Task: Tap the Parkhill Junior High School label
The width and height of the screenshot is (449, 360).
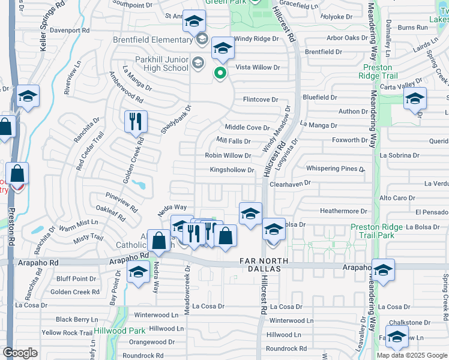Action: pos(150,64)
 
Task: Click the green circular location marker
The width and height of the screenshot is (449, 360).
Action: pos(220,74)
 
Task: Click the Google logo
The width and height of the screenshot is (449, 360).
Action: pos(20,353)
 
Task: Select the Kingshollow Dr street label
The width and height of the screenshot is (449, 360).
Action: pos(232,170)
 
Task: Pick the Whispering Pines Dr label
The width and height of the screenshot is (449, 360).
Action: pos(336,169)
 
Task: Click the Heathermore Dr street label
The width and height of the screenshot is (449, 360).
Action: pos(343,211)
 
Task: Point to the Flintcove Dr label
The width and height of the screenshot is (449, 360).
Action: pos(261,100)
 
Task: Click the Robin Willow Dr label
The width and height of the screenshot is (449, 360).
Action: pos(228,155)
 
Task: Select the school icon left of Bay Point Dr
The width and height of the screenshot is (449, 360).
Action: pos(138,272)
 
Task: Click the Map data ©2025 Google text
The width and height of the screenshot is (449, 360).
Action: pos(411,355)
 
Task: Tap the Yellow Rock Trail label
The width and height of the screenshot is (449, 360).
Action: pos(67,332)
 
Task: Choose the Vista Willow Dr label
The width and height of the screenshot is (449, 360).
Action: pos(258,67)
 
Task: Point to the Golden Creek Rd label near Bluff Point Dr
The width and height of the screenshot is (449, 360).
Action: pos(75,292)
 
